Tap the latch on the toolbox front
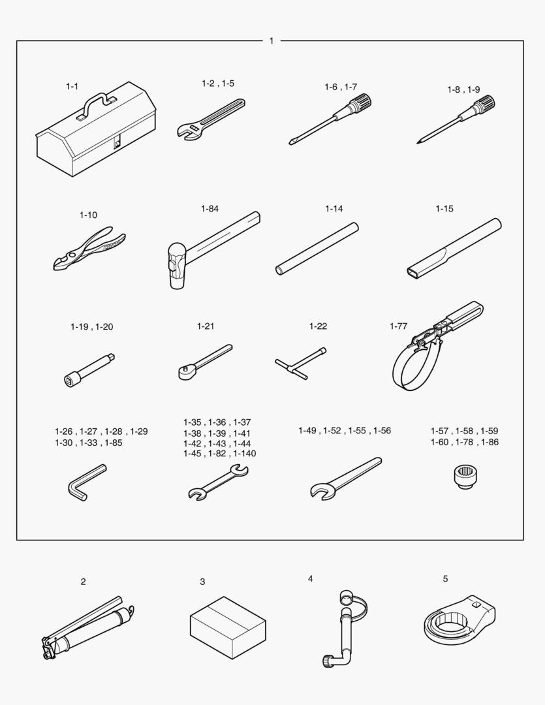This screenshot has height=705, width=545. [117, 143]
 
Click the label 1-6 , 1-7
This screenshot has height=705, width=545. [341, 87]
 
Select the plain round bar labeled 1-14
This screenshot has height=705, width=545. [317, 249]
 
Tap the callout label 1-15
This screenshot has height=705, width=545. [444, 209]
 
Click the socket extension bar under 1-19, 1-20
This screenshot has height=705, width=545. [89, 370]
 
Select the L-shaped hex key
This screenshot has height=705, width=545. [87, 482]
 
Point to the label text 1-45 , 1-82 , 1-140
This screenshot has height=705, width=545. [219, 454]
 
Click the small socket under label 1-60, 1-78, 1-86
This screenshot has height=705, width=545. [465, 477]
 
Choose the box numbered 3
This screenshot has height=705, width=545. [228, 628]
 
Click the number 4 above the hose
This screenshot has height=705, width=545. [310, 578]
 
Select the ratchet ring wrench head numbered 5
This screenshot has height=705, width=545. [459, 619]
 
